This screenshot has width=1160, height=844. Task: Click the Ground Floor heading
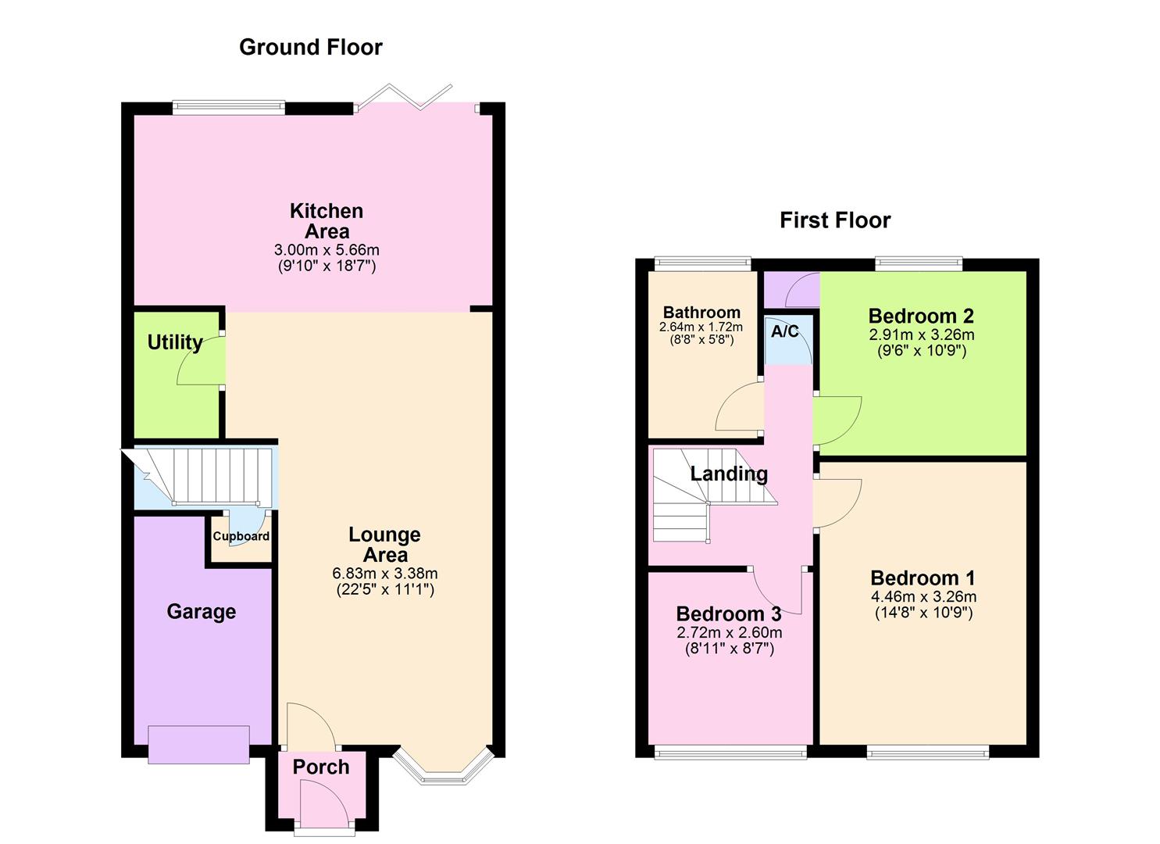click(310, 47)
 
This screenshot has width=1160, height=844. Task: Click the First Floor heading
click(834, 220)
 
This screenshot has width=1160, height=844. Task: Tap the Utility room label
click(175, 342)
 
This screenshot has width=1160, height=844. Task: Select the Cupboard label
click(241, 536)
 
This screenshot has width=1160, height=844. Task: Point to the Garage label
click(201, 611)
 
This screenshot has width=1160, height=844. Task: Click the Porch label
click(320, 767)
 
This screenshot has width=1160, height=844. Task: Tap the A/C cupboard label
click(785, 331)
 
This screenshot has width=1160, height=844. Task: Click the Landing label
click(728, 474)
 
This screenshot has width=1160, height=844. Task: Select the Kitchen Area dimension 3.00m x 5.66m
click(327, 250)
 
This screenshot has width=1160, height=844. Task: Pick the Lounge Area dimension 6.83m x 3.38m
click(384, 573)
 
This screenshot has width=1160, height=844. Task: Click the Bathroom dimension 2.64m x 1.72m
click(701, 327)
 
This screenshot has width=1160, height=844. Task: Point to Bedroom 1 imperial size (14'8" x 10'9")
click(923, 613)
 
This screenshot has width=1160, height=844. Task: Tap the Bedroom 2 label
click(921, 316)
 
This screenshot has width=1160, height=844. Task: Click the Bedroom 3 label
click(728, 614)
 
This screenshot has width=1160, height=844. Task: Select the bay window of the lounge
click(443, 770)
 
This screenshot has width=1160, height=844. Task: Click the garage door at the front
click(198, 744)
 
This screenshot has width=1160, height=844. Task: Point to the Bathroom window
click(702, 264)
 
